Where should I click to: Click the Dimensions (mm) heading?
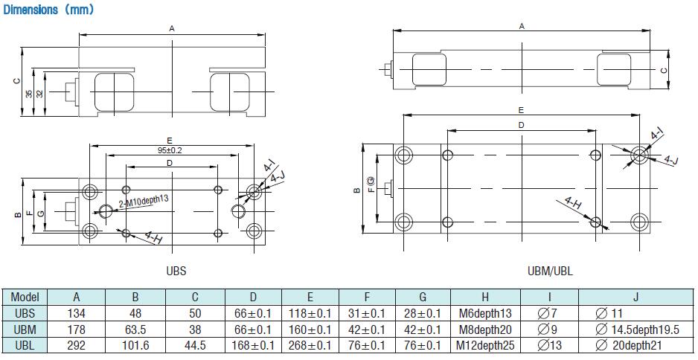point(48,10)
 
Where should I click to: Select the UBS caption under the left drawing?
point(176,271)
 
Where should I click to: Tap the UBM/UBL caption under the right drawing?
point(550,271)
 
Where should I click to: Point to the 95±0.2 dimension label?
point(170,150)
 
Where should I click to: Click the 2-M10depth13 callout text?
point(144,201)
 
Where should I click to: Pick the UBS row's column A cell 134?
point(77,313)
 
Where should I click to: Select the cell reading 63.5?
point(135,330)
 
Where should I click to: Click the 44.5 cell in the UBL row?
point(195,346)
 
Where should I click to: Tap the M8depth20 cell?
point(485,330)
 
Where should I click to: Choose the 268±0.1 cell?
point(310,346)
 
